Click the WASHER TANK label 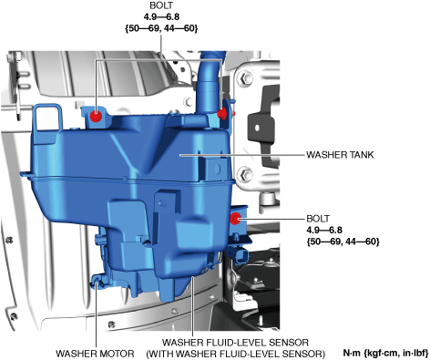[x=340, y=155]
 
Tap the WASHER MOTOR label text [x=95, y=354]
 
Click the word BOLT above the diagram [x=161, y=5]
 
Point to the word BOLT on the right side [x=318, y=219]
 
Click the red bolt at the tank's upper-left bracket [x=97, y=117]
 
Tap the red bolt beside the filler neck [x=222, y=114]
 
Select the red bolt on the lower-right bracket [x=235, y=219]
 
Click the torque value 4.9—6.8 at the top [x=161, y=17]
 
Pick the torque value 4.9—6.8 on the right [x=324, y=230]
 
